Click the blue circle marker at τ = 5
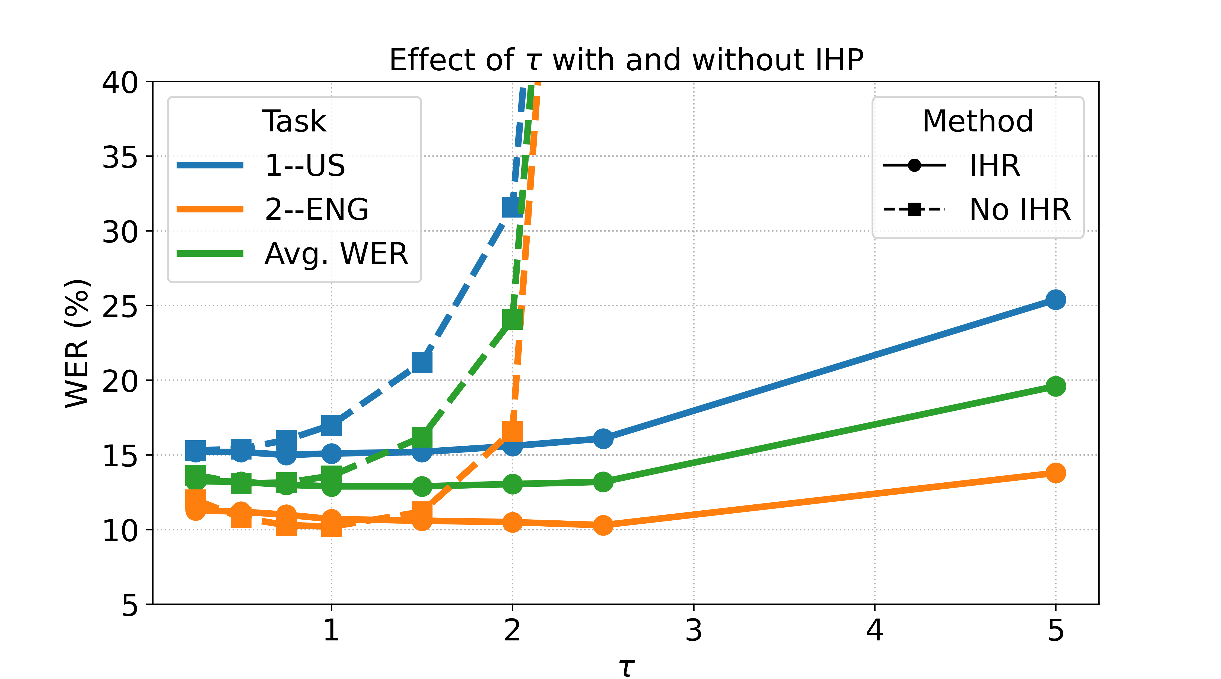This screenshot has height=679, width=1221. pos(1055,299)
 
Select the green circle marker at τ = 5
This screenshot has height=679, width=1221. pos(1055,386)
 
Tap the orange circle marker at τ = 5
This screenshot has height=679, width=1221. pos(1055,473)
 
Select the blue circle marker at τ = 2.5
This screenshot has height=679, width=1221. pos(603,438)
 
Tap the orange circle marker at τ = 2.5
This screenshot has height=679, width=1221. pos(603,525)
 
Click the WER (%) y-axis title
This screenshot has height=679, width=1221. pos(77,342)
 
